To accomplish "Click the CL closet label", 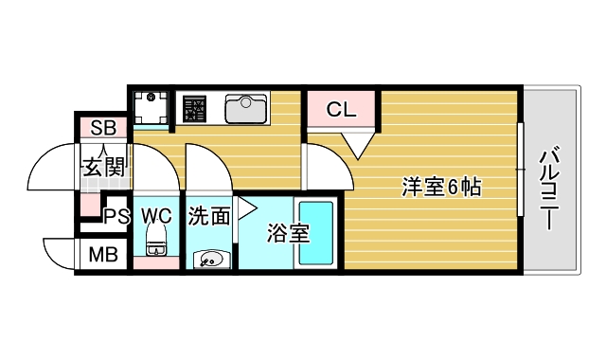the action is tap(341, 110).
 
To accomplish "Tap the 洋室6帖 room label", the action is tap(441, 188).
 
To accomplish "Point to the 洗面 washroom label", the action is tap(209, 217).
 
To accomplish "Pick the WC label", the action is tap(156, 215).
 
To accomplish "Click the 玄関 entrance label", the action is tap(104, 169).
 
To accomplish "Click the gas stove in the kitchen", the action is tap(196, 108).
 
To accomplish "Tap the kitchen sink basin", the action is tap(247, 108).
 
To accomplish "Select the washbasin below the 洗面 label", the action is tap(209, 258).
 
